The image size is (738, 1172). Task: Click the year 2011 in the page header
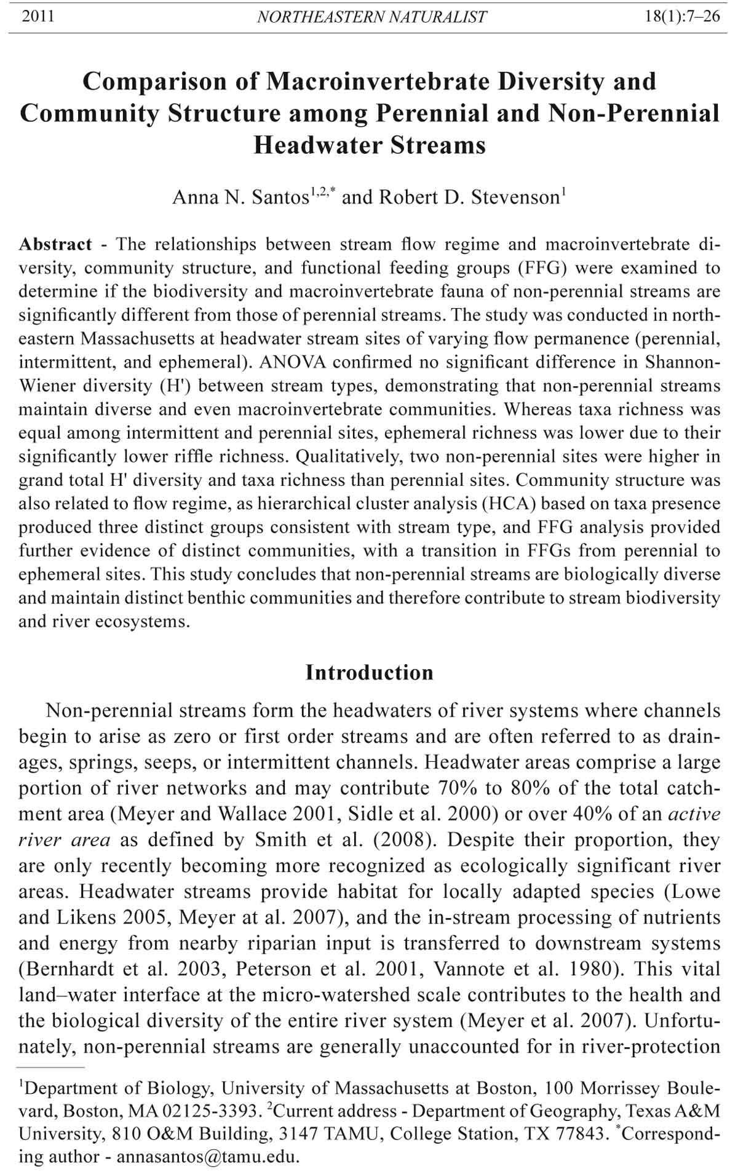pos(38,16)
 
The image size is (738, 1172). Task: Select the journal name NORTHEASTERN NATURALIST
pos(371,17)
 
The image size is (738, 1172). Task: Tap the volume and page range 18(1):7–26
pos(682,16)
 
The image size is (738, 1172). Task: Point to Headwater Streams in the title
pos(370,145)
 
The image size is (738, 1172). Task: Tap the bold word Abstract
pos(55,244)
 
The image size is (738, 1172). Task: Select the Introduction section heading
pos(369,672)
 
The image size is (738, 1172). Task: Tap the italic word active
pos(694,814)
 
